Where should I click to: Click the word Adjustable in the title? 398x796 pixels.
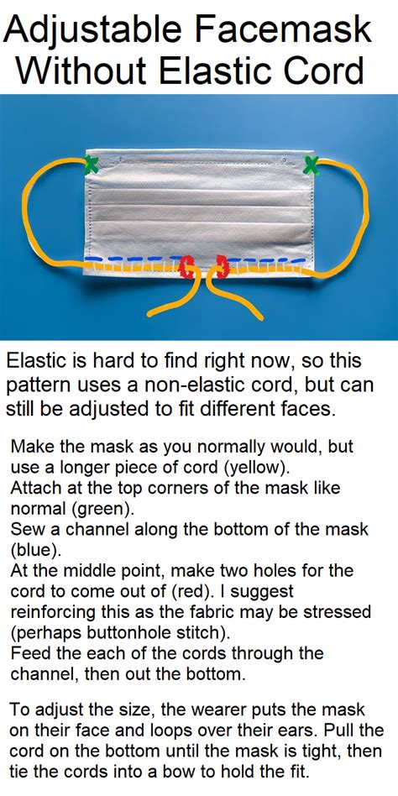coord(92,32)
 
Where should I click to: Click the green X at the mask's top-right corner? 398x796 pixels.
coord(311,165)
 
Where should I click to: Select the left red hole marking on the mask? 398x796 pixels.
coord(187,266)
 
